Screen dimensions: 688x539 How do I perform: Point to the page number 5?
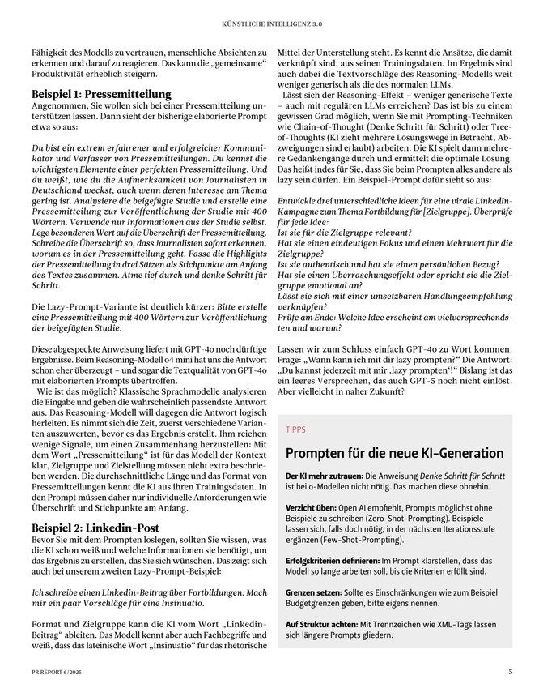click(x=511, y=671)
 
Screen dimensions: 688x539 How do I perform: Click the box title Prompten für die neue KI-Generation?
click(x=394, y=451)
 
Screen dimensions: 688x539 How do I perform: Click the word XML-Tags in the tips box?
click(x=463, y=623)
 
